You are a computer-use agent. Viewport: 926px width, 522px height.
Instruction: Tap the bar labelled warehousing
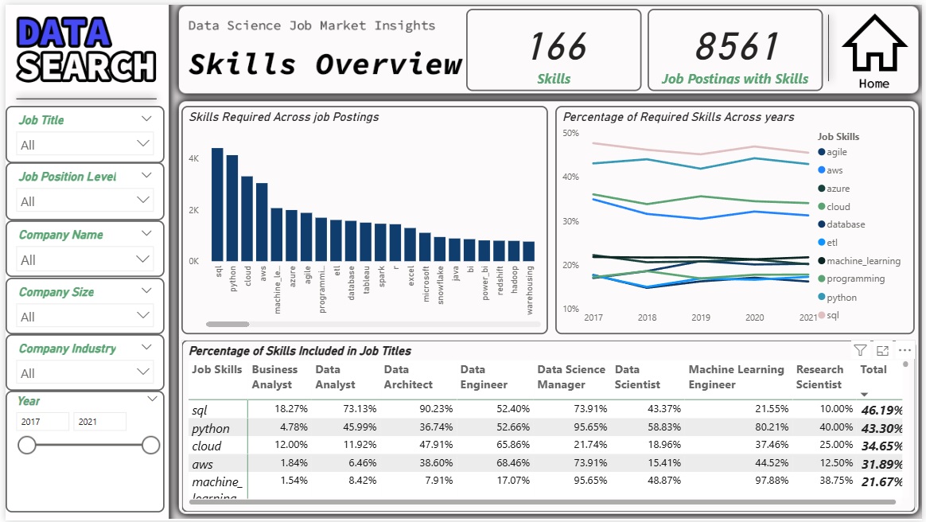[529, 251]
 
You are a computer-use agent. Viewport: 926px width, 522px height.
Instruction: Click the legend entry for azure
[838, 189]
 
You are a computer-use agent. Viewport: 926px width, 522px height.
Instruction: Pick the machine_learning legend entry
[862, 261]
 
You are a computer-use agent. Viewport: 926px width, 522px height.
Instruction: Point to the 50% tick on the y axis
[570, 133]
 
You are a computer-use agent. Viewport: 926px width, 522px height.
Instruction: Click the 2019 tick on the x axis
[701, 317]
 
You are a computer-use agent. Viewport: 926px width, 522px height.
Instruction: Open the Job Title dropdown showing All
[85, 144]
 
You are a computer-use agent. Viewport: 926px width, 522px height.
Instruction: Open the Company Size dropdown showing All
[85, 316]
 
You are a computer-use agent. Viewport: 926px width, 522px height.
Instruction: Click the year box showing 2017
[43, 422]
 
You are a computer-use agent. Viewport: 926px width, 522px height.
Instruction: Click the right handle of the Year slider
[151, 446]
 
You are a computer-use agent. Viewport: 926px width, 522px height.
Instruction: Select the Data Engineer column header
[484, 377]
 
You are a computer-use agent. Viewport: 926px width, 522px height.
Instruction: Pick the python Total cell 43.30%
[881, 428]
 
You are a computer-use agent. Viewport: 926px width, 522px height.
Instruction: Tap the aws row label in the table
[203, 464]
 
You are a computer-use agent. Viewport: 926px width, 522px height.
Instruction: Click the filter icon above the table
[860, 350]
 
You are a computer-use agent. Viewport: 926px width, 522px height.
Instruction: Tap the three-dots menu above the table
[905, 350]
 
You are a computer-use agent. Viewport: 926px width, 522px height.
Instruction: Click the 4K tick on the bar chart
[193, 159]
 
